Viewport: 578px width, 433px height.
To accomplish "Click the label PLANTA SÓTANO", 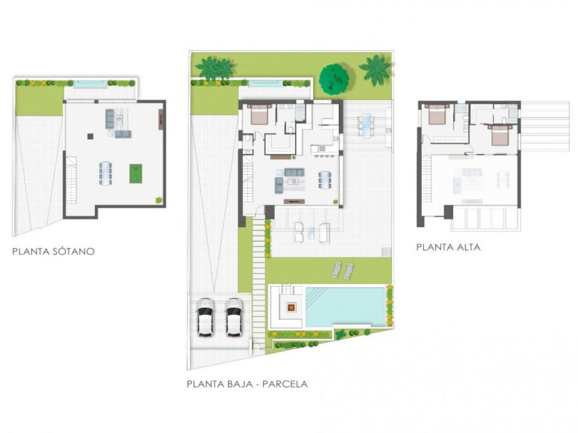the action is [53, 251].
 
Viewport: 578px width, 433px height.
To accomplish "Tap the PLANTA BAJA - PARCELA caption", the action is [247, 384].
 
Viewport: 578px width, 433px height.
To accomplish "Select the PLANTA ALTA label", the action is [448, 247].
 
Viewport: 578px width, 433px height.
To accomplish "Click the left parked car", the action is [206, 317].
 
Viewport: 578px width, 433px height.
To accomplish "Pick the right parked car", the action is [234, 317].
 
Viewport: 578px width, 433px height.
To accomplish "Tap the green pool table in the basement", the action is [136, 173].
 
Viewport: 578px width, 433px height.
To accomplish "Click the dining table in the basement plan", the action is [105, 173].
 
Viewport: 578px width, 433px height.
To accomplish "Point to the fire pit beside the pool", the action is [291, 306].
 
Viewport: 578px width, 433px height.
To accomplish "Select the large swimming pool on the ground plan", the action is [345, 307].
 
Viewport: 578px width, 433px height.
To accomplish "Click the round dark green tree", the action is [334, 79].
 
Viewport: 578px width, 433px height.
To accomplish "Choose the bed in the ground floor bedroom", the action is [260, 114].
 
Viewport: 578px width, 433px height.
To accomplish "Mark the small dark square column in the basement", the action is [90, 136].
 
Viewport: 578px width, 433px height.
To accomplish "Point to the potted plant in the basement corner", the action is [159, 201].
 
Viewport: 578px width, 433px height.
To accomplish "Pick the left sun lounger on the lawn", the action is [337, 270].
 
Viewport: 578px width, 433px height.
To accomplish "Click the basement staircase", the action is [72, 180].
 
